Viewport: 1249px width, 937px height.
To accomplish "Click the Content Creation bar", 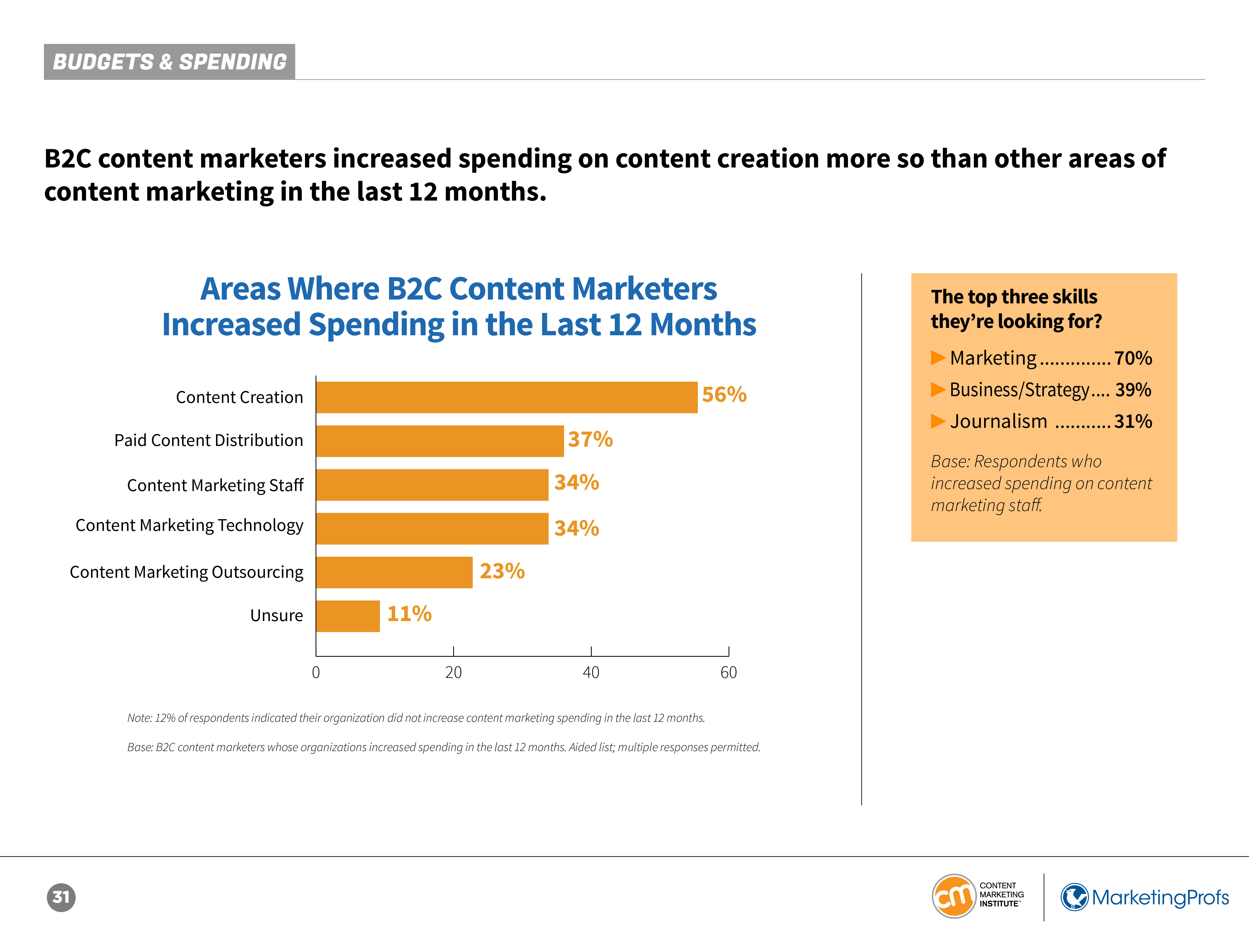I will pyautogui.click(x=506, y=397).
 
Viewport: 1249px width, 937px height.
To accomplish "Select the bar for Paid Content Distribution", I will pyautogui.click(x=439, y=441).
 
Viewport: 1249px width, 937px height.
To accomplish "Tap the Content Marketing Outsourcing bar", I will pyautogui.click(x=394, y=572).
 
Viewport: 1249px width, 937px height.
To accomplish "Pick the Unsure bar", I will pyautogui.click(x=348, y=615).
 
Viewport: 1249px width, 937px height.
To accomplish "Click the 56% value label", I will pyautogui.click(x=724, y=394).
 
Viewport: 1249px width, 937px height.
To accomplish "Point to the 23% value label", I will pyautogui.click(x=502, y=571).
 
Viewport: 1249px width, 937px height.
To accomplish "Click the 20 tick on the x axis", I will pyautogui.click(x=453, y=672).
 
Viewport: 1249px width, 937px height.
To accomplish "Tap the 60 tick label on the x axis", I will pyautogui.click(x=728, y=672).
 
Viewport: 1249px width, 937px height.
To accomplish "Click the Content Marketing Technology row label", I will pyautogui.click(x=189, y=525).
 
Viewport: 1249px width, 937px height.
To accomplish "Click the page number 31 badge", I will pyautogui.click(x=61, y=897).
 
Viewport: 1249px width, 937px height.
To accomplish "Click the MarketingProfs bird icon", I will pyautogui.click(x=1075, y=897).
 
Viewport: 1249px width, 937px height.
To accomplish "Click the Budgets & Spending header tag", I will pyautogui.click(x=169, y=61).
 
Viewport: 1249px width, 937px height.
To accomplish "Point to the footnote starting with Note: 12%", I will pyautogui.click(x=416, y=718).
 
